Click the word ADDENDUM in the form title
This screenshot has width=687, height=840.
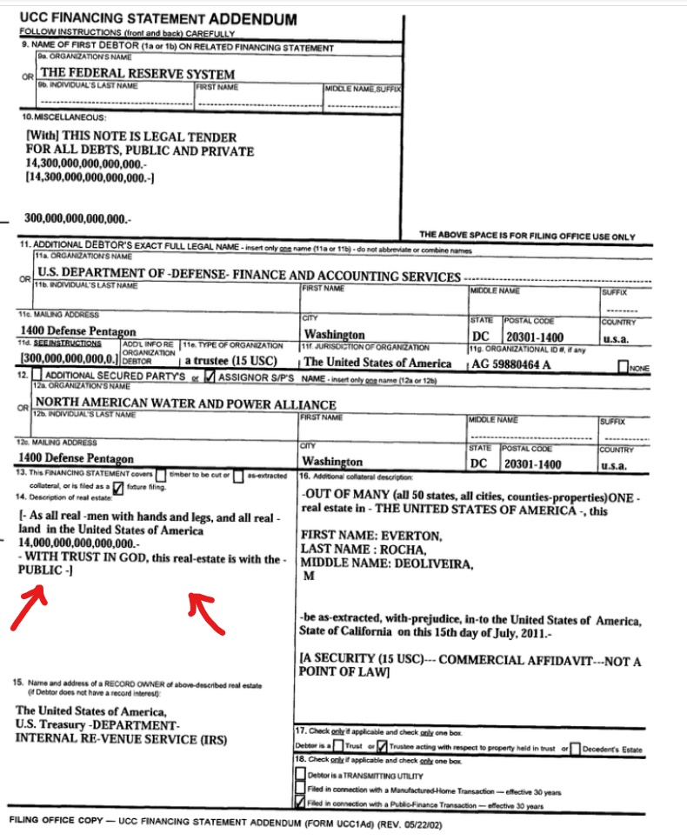tap(253, 18)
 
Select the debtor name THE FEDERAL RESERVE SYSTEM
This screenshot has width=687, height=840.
tap(138, 73)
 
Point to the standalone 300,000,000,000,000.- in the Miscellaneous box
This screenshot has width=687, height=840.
tap(78, 217)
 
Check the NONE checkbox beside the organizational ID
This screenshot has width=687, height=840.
tap(624, 368)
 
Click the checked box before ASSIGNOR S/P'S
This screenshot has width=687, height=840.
tap(209, 377)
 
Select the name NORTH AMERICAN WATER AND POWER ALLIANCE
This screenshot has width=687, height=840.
tap(185, 404)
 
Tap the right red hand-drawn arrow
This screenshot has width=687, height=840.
tap(209, 611)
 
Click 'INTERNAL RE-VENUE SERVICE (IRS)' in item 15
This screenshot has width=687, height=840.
tap(121, 739)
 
